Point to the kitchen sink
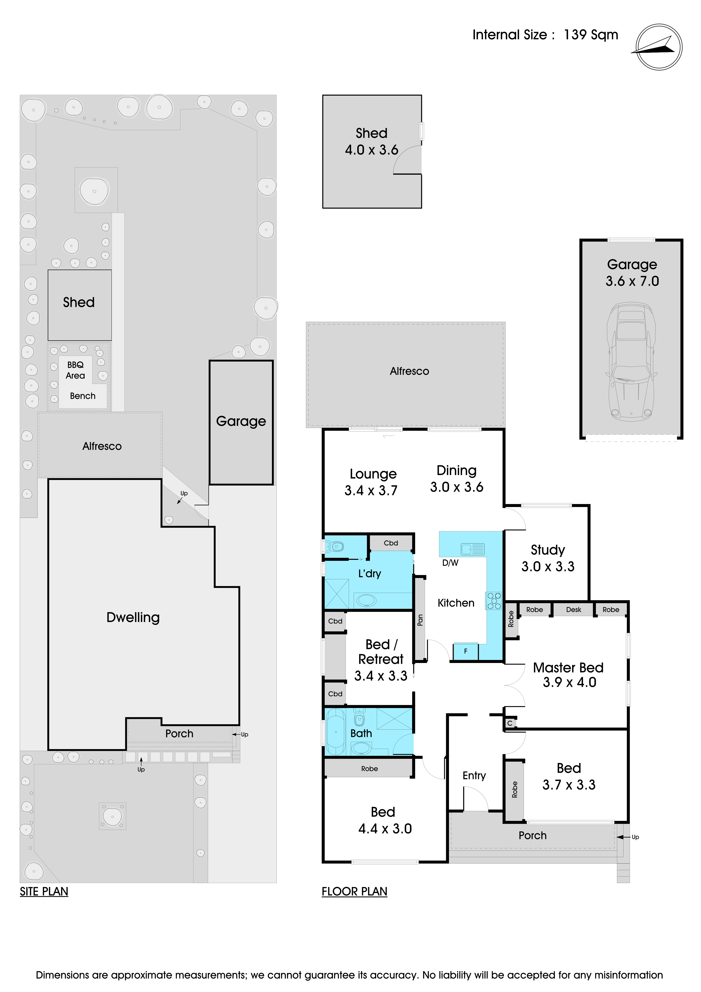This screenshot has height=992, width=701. click(473, 549)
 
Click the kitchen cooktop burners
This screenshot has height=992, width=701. click(494, 601)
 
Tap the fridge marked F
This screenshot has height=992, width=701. click(465, 651)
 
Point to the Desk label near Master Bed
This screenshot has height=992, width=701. click(574, 610)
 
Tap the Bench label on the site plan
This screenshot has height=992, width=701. click(82, 396)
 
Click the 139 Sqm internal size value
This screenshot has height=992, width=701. click(591, 34)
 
